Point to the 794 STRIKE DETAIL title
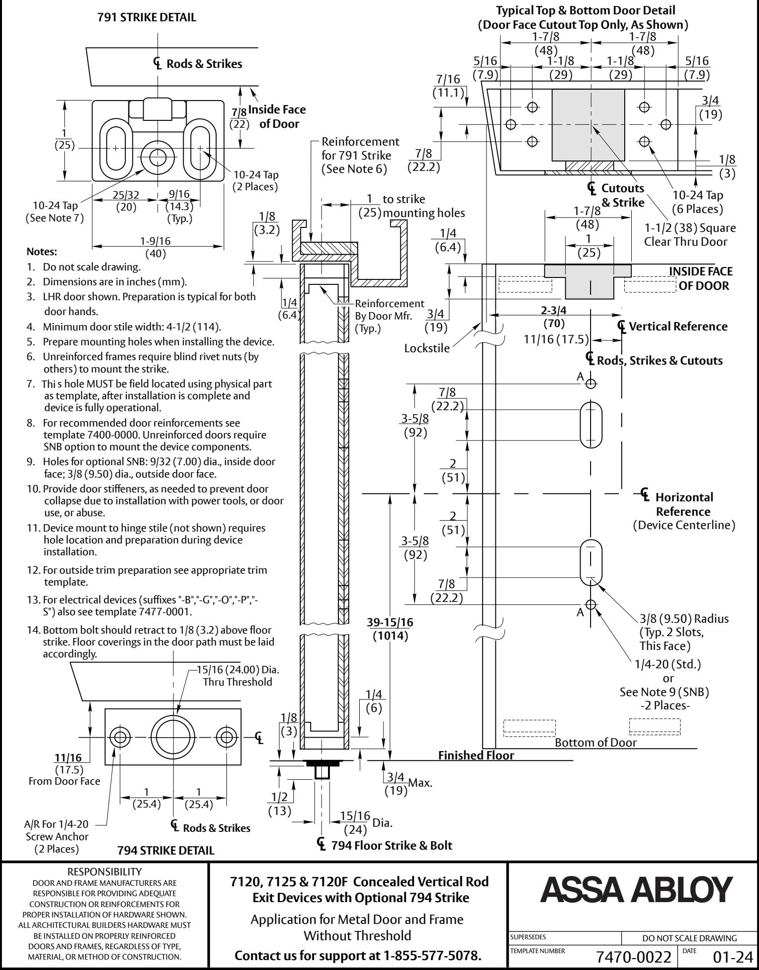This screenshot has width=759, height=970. tap(166, 851)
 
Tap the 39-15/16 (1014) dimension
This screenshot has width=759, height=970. tap(390, 629)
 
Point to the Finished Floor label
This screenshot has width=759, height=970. tap(476, 755)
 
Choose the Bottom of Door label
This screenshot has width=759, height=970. tap(596, 742)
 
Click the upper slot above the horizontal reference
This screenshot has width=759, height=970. tap(591, 425)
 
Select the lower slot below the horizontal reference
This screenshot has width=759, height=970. tap(591, 562)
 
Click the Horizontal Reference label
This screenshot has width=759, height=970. tap(684, 504)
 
